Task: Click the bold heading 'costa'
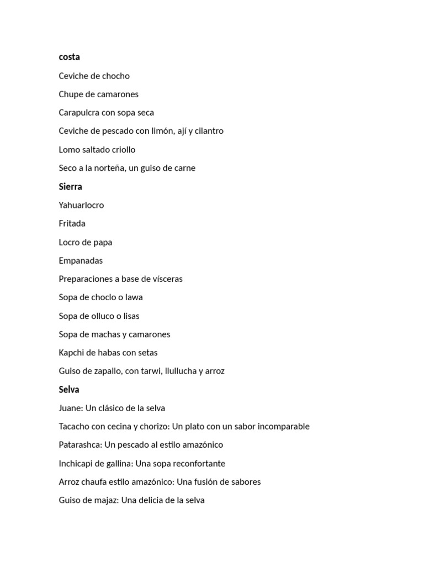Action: [x=69, y=57]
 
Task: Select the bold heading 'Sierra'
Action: [x=70, y=186]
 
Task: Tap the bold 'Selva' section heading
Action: [x=69, y=390]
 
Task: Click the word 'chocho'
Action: [x=116, y=76]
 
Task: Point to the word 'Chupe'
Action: [x=71, y=95]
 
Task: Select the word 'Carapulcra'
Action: [x=79, y=113]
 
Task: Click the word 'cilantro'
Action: [x=206, y=131]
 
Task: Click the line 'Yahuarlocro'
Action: [x=81, y=205]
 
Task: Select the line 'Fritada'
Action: [x=72, y=223]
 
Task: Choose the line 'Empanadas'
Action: [x=81, y=260]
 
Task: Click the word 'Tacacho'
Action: [x=74, y=427]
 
